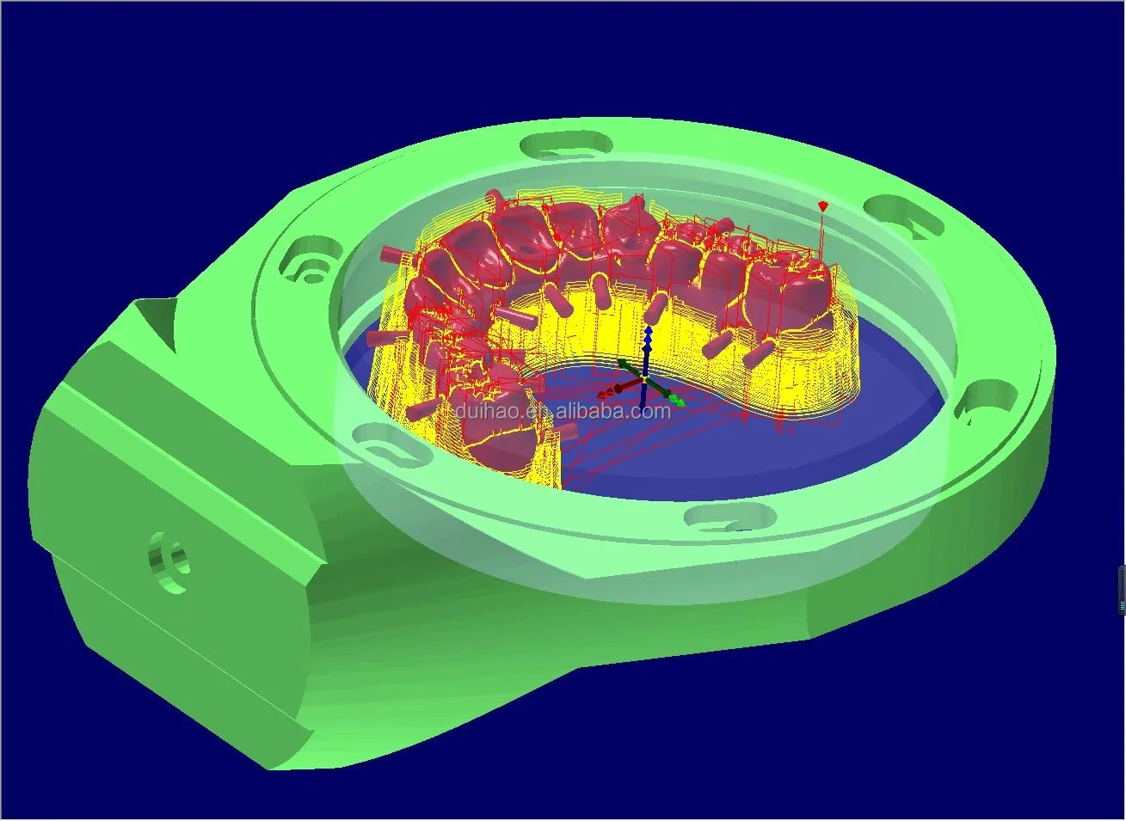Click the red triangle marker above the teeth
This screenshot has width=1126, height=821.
pyautogui.click(x=822, y=206)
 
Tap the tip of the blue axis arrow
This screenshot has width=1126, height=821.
pyautogui.click(x=649, y=328)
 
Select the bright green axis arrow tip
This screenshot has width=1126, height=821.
pyautogui.click(x=679, y=401)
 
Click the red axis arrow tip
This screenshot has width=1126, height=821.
pyautogui.click(x=604, y=395)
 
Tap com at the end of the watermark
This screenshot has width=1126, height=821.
pyautogui.click(x=654, y=412)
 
